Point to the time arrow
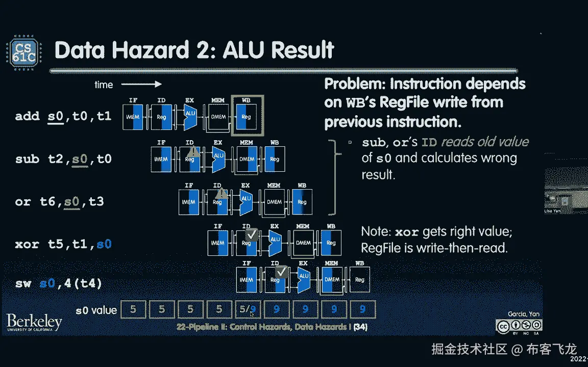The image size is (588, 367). click(141, 84)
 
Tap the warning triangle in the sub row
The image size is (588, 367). click(192, 151)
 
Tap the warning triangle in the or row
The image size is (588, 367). click(220, 194)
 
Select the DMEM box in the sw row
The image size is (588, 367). click(332, 279)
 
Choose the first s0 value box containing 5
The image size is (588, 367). click(133, 309)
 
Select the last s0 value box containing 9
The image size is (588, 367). click(362, 309)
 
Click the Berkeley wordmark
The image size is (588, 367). click(34, 322)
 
